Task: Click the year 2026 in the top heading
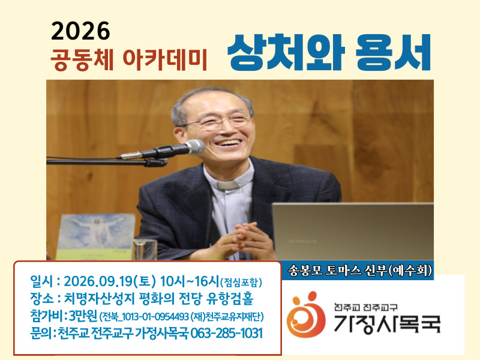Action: (x=80, y=31)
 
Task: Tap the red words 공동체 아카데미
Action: (x=129, y=59)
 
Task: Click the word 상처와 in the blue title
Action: (x=286, y=52)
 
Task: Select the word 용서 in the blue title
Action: (x=393, y=52)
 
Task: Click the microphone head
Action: (x=194, y=147)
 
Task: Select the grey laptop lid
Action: (x=353, y=232)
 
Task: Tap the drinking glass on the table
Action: (x=145, y=249)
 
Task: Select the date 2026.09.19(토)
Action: (x=110, y=281)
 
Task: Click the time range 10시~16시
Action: (x=190, y=281)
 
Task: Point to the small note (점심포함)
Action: (x=241, y=282)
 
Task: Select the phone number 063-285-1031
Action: (x=226, y=334)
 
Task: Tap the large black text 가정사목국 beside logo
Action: (x=387, y=323)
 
